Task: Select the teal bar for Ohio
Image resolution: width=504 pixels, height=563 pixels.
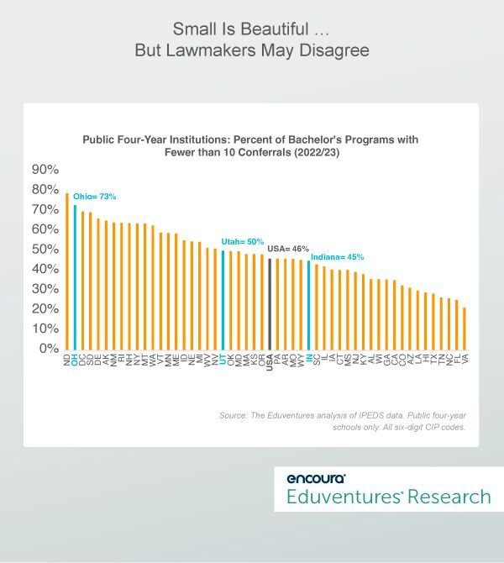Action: pyautogui.click(x=75, y=276)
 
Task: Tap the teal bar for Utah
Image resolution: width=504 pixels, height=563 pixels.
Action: pyautogui.click(x=223, y=299)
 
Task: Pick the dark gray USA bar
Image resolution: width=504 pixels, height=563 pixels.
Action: pyautogui.click(x=270, y=303)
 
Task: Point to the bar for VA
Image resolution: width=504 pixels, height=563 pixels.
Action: pyautogui.click(x=465, y=328)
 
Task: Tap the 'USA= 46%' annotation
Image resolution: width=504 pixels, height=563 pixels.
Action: pyautogui.click(x=288, y=249)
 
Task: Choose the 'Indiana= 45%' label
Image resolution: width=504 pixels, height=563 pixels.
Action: pyautogui.click(x=338, y=256)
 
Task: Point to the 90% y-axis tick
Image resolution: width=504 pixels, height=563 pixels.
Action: pyautogui.click(x=45, y=169)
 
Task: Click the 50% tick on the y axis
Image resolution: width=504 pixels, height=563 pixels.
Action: pyautogui.click(x=45, y=249)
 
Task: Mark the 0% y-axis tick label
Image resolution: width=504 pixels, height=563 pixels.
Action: pyautogui.click(x=48, y=348)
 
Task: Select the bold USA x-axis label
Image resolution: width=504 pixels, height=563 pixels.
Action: pyautogui.click(x=270, y=362)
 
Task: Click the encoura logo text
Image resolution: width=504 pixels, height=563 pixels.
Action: pyautogui.click(x=316, y=478)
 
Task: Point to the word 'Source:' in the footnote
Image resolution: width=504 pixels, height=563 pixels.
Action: pyautogui.click(x=234, y=415)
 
